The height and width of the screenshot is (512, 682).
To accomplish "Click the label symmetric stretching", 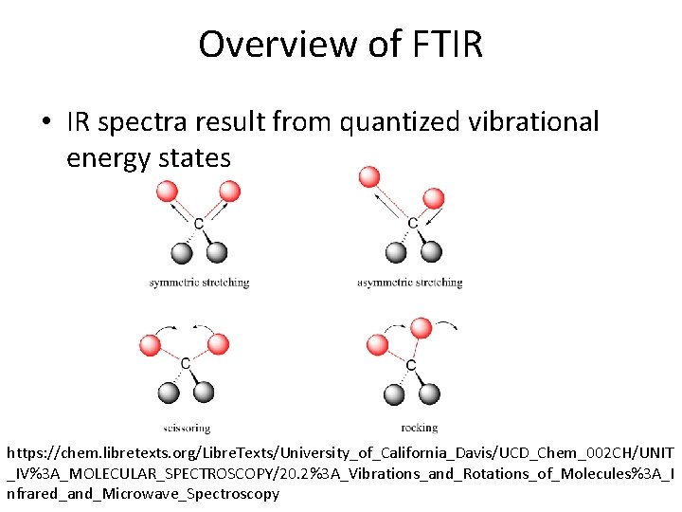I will tap(199, 283).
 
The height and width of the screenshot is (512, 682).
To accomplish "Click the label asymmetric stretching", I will tap(409, 283).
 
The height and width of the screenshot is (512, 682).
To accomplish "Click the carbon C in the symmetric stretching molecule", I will tap(198, 224).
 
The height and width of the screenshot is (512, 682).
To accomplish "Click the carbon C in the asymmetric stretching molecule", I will tap(412, 224).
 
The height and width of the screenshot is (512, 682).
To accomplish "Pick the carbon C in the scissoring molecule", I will tap(186, 364).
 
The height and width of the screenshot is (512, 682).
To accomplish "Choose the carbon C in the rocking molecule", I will tap(410, 365).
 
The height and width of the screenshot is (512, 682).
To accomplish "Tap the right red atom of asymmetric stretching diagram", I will tap(434, 198).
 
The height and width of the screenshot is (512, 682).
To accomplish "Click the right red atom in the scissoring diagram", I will tap(219, 343).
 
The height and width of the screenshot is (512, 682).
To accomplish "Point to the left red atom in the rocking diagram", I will tap(377, 345).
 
